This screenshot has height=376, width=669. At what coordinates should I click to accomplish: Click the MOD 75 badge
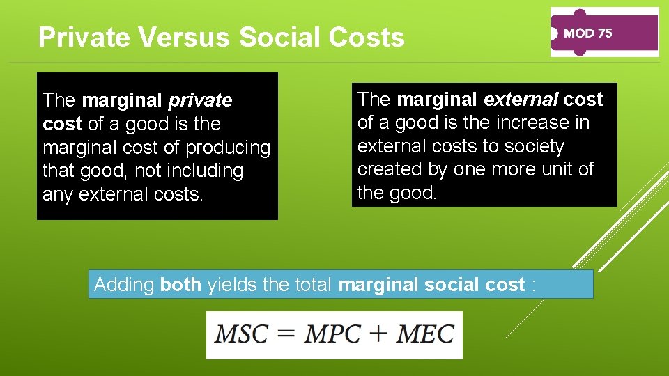point(603,33)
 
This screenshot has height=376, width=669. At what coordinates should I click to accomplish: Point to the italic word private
point(200,101)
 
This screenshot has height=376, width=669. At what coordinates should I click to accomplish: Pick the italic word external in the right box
point(521,100)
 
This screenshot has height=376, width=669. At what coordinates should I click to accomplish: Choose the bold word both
point(180,285)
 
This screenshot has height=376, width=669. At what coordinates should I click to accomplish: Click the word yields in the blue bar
point(229,285)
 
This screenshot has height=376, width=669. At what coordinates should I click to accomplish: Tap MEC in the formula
point(424,334)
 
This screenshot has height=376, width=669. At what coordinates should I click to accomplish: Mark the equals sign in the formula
point(286,334)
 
